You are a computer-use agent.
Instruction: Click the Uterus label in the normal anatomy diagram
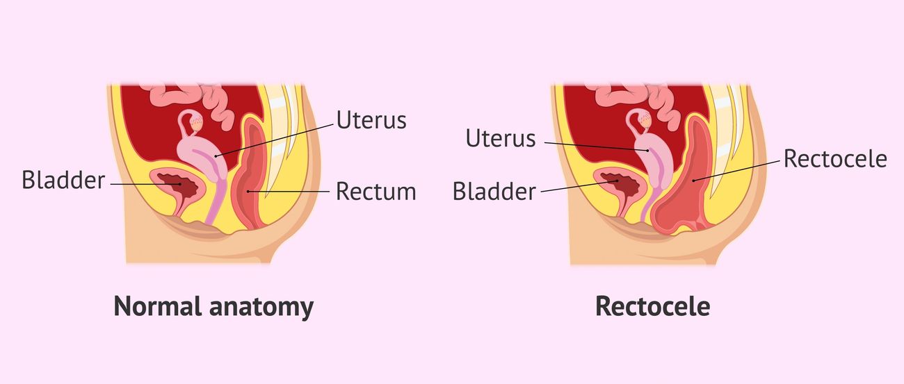(371, 120)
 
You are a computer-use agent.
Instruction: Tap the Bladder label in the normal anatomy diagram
(63, 180)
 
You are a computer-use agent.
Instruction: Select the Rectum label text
(376, 192)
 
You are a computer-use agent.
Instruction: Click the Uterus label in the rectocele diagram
(501, 138)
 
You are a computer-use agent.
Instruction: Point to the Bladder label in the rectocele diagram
(494, 191)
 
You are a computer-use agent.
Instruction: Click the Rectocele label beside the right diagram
(835, 159)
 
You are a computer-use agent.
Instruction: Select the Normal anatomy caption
(213, 307)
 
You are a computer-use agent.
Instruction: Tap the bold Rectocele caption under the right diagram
(652, 307)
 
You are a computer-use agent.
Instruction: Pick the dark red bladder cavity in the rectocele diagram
(621, 186)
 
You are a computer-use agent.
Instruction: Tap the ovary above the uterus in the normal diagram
(196, 122)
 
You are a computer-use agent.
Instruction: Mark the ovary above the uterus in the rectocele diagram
(643, 121)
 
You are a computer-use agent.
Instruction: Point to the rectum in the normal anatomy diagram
(250, 177)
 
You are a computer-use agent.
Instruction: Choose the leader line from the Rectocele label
(736, 170)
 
